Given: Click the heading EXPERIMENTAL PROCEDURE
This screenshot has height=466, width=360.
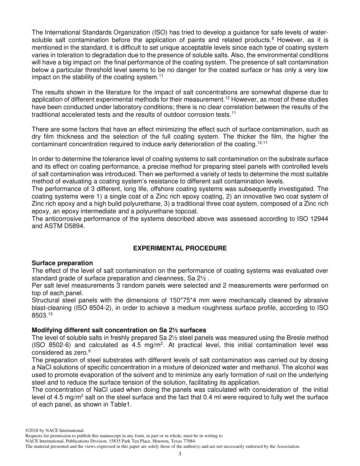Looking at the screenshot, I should (x=180, y=248).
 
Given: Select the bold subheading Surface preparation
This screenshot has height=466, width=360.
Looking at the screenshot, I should (x=62, y=263).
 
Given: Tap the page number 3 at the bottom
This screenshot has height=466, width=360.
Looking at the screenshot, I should (x=180, y=454).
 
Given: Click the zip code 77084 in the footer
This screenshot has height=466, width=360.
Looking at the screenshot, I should (x=189, y=441).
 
